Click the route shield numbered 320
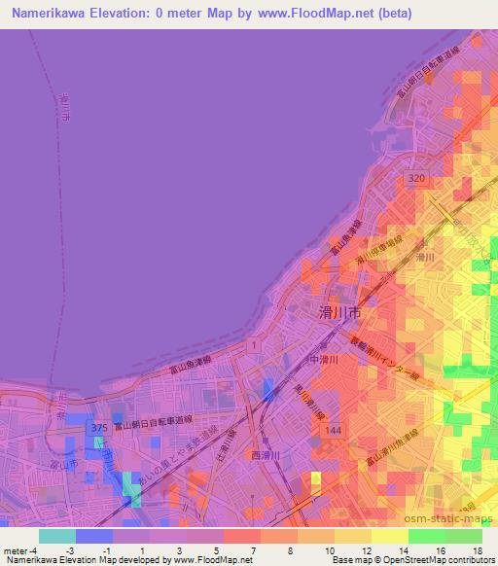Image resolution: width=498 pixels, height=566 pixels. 416,179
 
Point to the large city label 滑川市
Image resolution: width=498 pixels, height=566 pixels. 340,312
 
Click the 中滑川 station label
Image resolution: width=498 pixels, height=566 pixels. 322,359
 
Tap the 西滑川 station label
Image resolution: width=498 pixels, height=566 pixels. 266,454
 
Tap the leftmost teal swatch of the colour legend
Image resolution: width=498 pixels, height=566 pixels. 57,535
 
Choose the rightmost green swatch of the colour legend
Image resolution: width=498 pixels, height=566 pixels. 463,535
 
